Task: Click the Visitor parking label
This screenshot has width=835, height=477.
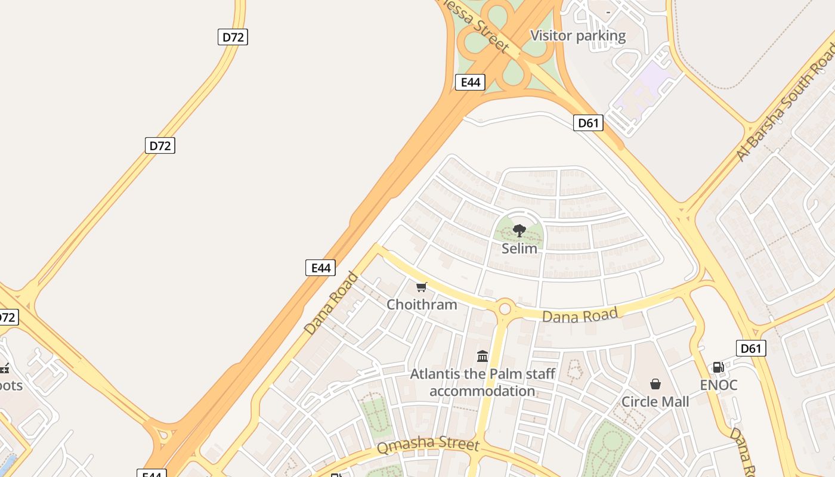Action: click(x=578, y=36)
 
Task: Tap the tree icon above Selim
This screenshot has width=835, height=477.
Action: click(x=519, y=230)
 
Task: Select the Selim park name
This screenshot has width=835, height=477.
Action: click(x=519, y=248)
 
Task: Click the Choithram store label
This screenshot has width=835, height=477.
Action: click(x=422, y=305)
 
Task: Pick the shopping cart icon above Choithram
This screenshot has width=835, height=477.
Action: click(x=422, y=287)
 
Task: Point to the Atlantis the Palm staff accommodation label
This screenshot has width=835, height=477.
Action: click(x=483, y=383)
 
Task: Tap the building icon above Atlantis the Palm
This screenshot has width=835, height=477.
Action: click(x=483, y=357)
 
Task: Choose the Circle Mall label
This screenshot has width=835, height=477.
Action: click(x=655, y=402)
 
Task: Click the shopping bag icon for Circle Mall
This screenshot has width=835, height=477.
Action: click(x=655, y=384)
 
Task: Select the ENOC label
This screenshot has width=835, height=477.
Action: click(x=719, y=385)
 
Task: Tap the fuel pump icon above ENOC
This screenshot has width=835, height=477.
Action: click(x=719, y=367)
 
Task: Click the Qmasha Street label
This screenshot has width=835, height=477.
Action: click(x=428, y=444)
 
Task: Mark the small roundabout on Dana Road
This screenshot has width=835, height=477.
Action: click(x=505, y=308)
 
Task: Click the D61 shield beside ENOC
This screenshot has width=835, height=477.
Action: click(x=750, y=348)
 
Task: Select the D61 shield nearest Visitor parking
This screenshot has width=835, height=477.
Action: click(x=588, y=123)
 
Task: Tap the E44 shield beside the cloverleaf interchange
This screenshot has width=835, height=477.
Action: click(x=470, y=82)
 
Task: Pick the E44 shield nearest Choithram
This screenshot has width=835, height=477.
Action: click(x=320, y=268)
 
